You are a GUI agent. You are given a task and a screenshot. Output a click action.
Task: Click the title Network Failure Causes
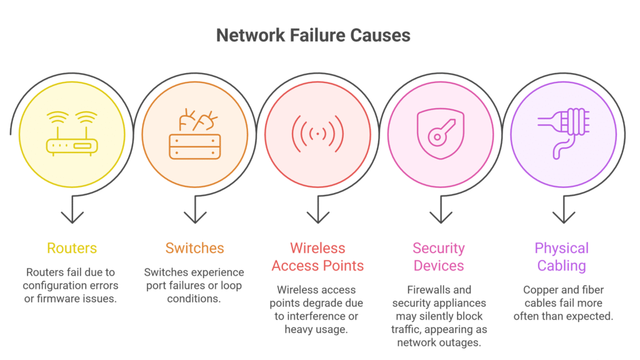313,35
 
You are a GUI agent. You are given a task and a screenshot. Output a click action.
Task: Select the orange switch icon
195,135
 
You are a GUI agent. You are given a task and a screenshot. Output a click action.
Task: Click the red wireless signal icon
317,133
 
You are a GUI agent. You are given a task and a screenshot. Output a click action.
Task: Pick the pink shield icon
441,133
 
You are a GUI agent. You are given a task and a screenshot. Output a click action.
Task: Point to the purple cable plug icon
563,132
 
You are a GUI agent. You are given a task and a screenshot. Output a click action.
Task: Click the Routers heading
72,248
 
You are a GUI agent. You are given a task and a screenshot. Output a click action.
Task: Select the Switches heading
194,248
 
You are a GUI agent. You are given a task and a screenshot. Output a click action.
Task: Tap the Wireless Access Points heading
317,257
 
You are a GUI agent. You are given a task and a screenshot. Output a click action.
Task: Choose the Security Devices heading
439,257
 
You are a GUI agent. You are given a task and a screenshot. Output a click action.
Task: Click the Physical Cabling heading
561,257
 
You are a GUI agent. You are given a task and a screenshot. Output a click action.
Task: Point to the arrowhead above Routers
72,217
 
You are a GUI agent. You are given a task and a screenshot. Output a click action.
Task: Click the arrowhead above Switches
195,217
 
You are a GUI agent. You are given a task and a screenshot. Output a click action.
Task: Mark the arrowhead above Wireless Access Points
318,217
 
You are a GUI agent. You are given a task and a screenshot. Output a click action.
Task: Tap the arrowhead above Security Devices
441,217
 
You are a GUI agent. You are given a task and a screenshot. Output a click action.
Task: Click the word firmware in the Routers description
61,298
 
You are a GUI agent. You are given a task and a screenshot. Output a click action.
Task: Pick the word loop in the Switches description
230,286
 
